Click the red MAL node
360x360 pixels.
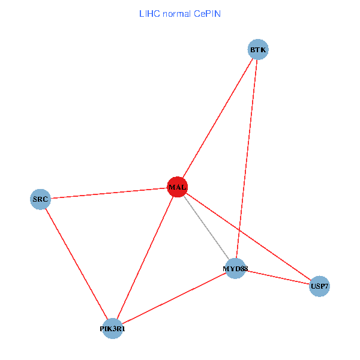(x=177, y=187)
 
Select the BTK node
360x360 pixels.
(x=258, y=49)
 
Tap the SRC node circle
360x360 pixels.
(x=40, y=199)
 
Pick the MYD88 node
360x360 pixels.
(x=236, y=268)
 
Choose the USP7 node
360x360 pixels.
(x=319, y=286)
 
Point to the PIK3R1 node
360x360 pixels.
(x=113, y=329)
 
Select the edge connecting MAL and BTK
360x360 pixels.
(x=217, y=118)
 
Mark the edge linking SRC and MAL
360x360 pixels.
(x=108, y=193)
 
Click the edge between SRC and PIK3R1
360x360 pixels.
(x=76, y=263)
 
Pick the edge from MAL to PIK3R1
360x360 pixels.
(x=145, y=257)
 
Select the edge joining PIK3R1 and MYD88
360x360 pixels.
(x=174, y=299)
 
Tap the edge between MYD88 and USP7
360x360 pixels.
(x=277, y=277)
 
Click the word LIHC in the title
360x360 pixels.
(x=149, y=13)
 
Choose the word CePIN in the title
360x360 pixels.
(x=207, y=13)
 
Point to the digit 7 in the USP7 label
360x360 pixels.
(x=326, y=286)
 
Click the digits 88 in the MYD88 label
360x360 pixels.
(x=243, y=269)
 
